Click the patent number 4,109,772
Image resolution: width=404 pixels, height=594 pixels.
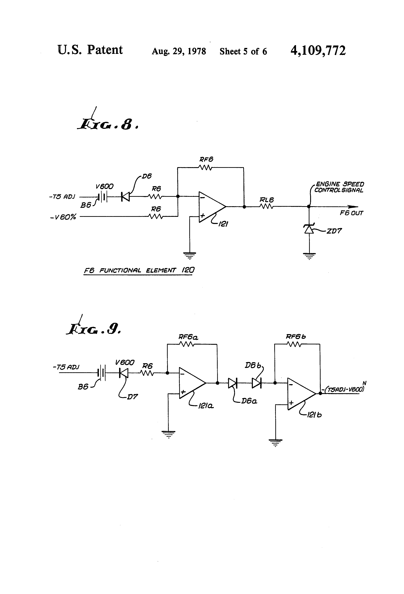[x=318, y=51]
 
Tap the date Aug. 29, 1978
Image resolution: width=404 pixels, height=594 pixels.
[x=179, y=51]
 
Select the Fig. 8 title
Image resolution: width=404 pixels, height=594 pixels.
[x=108, y=124]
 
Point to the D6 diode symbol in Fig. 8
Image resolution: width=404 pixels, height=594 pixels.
[x=125, y=197]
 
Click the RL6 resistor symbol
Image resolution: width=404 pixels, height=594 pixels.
[x=267, y=207]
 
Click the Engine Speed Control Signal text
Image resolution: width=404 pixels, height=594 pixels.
[x=339, y=187]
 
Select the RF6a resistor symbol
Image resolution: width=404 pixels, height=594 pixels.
[x=187, y=345]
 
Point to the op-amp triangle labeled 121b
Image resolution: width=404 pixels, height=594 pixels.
[x=300, y=394]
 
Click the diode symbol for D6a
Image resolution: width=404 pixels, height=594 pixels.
[x=233, y=383]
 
